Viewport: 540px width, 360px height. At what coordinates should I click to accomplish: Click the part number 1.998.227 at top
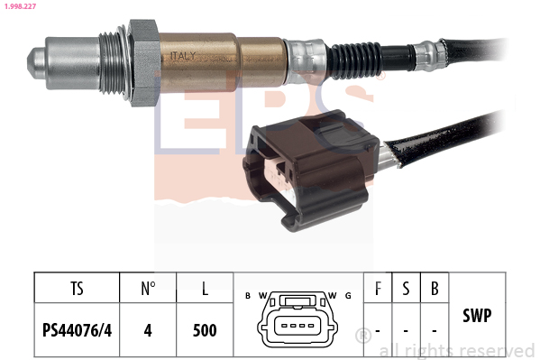(20, 5)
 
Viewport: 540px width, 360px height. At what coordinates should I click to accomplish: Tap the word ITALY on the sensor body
(183, 56)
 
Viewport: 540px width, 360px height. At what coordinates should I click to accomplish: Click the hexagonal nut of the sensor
(144, 63)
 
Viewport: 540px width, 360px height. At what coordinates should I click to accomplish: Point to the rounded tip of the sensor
(36, 63)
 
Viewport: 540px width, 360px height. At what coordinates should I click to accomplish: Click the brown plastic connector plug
(311, 169)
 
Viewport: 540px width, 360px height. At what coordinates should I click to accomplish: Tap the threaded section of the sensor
(112, 63)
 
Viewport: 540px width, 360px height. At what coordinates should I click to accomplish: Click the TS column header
(78, 289)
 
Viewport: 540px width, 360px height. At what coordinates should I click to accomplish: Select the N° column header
(148, 289)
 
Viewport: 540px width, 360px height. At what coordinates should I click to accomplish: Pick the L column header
(205, 289)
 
